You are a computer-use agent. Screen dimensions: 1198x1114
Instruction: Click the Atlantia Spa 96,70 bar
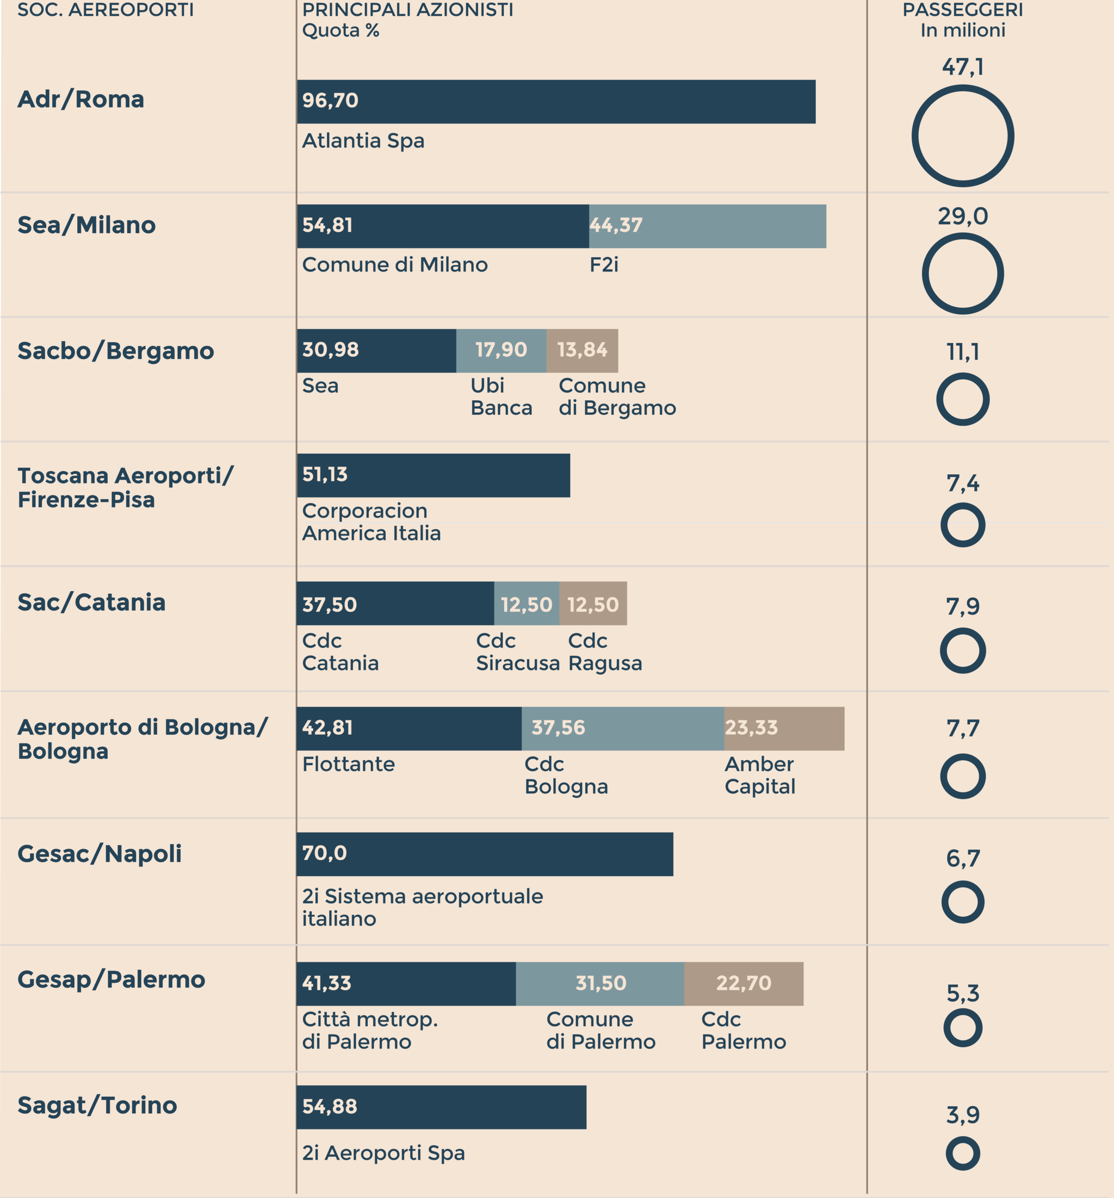tap(556, 102)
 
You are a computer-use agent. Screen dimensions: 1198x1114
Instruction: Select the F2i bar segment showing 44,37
tap(707, 226)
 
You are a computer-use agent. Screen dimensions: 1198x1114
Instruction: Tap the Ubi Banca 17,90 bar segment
tap(501, 351)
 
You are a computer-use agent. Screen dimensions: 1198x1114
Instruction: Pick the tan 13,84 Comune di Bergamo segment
tap(581, 351)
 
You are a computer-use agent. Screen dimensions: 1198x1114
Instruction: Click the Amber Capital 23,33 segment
tap(784, 729)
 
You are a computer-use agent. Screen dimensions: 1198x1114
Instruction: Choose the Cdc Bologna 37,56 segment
tap(622, 729)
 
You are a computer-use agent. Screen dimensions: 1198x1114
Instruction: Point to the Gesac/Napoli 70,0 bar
tap(485, 854)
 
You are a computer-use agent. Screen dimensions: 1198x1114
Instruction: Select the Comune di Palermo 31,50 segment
tap(600, 983)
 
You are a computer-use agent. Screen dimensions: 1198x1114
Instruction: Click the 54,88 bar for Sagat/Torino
tap(441, 1107)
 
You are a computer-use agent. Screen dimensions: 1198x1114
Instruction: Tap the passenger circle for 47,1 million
tap(963, 136)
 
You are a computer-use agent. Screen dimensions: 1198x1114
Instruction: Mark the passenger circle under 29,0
tap(963, 274)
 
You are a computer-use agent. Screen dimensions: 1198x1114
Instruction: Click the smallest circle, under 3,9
tap(963, 1153)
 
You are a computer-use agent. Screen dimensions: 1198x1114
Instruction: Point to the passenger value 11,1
tap(963, 352)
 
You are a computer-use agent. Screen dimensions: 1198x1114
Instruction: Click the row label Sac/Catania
tap(91, 603)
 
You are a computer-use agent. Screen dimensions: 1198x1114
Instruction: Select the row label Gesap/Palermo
tap(112, 979)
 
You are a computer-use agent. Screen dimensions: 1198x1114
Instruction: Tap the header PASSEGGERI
tap(963, 10)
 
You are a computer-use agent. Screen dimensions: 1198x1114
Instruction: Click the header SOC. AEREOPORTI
tap(106, 10)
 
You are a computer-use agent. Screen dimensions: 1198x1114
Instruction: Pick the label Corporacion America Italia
tap(372, 522)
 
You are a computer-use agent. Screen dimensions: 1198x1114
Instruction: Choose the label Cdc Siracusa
tap(517, 652)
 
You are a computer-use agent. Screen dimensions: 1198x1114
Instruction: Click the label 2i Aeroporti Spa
tap(383, 1153)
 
